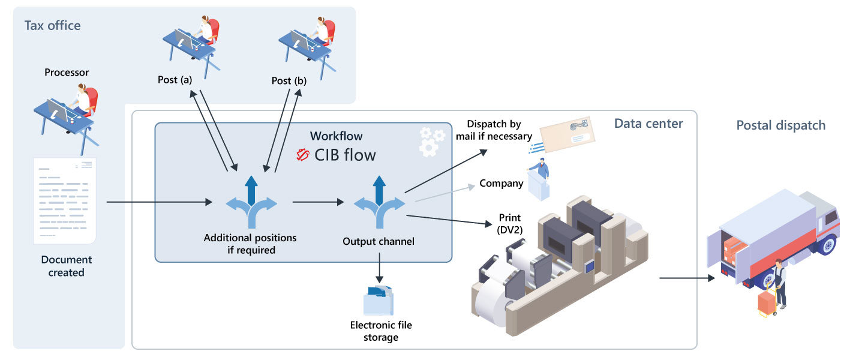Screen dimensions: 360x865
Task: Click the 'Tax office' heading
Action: pos(52,25)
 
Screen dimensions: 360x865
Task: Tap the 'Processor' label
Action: pos(67,73)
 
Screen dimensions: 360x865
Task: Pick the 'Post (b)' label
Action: pos(289,80)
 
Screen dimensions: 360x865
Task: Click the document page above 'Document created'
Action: pos(64,201)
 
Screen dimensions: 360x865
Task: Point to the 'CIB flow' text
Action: pos(345,155)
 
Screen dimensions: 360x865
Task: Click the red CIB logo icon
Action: pos(304,155)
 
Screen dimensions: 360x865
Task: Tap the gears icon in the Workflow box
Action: pos(431,140)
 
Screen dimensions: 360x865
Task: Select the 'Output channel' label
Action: pos(379,242)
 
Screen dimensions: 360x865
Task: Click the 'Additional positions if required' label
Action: pos(250,244)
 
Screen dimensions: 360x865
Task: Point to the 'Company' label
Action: pos(501,183)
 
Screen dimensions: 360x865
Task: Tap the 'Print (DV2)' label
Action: pos(509,223)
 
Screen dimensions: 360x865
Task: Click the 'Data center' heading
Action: pos(648,124)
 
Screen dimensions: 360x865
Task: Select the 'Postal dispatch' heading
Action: pos(780,125)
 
